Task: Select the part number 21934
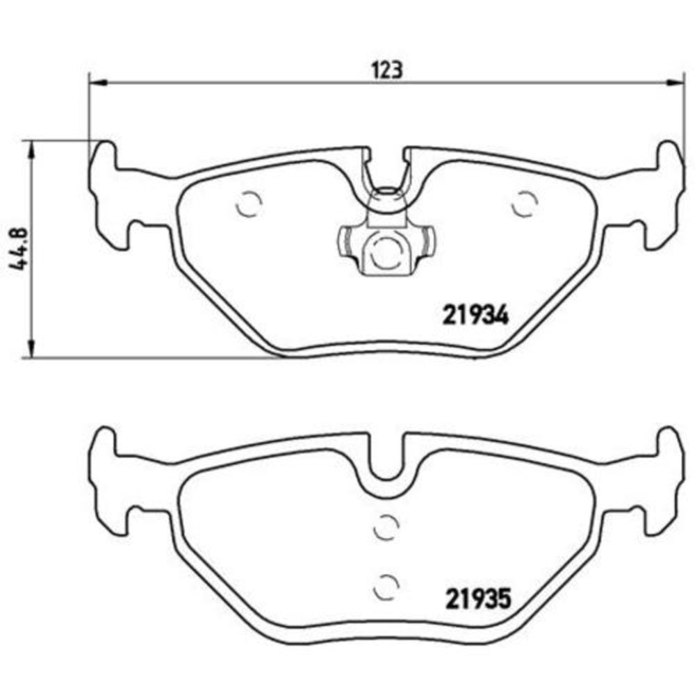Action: click(x=476, y=318)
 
